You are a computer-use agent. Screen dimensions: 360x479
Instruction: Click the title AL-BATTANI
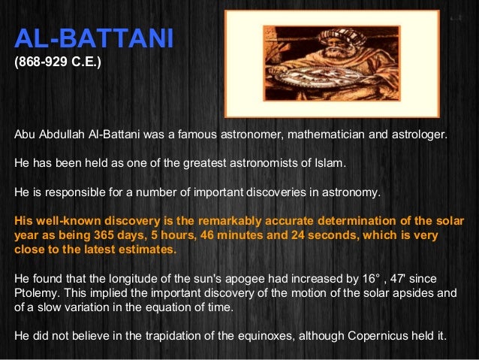tap(94, 38)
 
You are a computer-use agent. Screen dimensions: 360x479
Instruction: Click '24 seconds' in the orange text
tap(330, 235)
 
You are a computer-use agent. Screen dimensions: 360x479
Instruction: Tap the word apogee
tap(226, 278)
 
